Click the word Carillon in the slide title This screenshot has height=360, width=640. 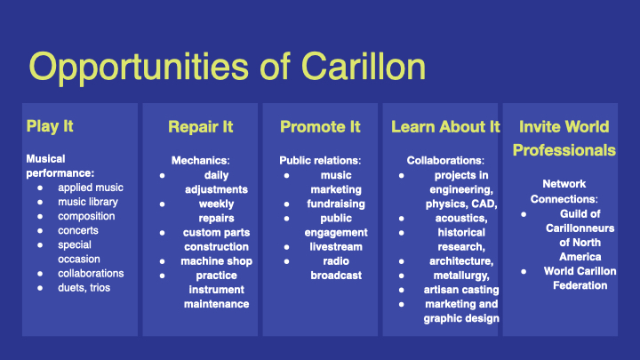pyautogui.click(x=364, y=67)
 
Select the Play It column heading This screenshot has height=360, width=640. pyautogui.click(x=50, y=126)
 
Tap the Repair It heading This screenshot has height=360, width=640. pyautogui.click(x=200, y=127)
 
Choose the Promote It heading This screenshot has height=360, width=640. pyautogui.click(x=320, y=127)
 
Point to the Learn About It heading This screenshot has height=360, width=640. pyautogui.click(x=445, y=127)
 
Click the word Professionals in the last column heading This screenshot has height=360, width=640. pyautogui.click(x=564, y=150)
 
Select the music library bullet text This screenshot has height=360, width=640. pyautogui.click(x=88, y=202)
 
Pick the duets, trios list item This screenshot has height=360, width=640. pyautogui.click(x=84, y=288)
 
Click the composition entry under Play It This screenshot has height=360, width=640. pyautogui.click(x=86, y=216)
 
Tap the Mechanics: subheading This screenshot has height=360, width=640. pyautogui.click(x=200, y=160)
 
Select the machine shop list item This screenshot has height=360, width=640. pyautogui.click(x=216, y=261)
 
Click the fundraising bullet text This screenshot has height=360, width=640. pyautogui.click(x=336, y=204)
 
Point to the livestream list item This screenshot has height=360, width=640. pyautogui.click(x=336, y=247)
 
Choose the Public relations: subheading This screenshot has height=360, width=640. pyautogui.click(x=320, y=160)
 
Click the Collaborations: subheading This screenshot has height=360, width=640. pyautogui.click(x=445, y=160)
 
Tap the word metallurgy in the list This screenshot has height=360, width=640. pyautogui.click(x=461, y=276)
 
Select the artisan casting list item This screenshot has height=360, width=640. pyautogui.click(x=461, y=290)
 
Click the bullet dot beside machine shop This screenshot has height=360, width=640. pyautogui.click(x=163, y=261)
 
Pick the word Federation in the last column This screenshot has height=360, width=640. pyautogui.click(x=580, y=285)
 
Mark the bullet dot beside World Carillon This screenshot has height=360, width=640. pyautogui.click(x=524, y=271)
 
